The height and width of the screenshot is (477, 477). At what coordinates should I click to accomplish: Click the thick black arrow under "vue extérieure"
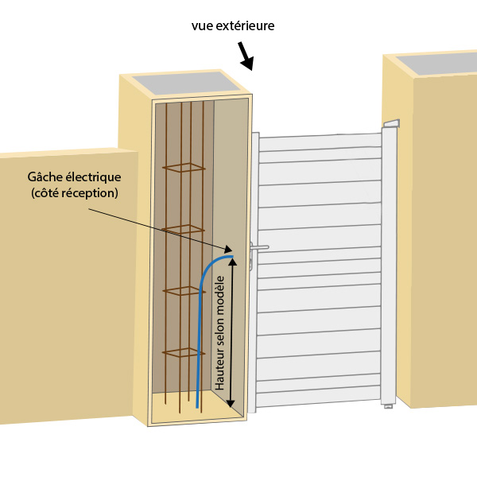[246, 56]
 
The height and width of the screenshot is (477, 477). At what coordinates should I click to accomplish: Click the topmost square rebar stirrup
[184, 168]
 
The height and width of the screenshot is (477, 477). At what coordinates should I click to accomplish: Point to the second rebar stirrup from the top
[184, 230]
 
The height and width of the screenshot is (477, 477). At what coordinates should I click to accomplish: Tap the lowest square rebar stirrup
[184, 352]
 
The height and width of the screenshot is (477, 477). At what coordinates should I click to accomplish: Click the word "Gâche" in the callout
[47, 177]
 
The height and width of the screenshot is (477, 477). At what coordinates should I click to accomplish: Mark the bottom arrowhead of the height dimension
[231, 402]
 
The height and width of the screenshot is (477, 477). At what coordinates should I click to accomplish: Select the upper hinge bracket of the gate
[391, 123]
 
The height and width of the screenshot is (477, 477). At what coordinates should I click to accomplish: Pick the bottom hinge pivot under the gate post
[388, 405]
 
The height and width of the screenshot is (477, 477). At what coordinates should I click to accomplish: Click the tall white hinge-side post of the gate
[389, 262]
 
